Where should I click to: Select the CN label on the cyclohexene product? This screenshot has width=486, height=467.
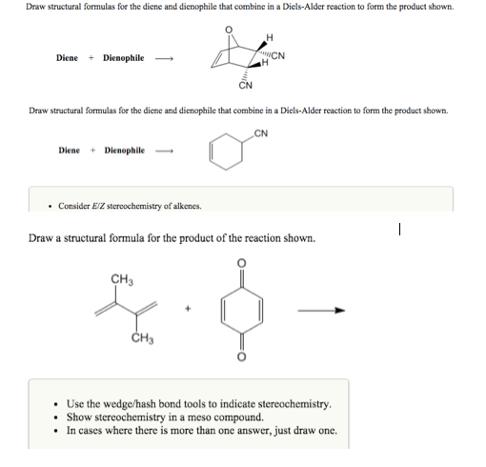[260, 133]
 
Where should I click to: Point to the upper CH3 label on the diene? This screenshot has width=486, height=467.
[121, 278]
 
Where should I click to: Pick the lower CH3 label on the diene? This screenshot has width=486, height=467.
[144, 338]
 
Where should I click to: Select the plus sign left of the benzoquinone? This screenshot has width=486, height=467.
[190, 310]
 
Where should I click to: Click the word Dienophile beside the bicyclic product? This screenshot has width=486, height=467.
[124, 58]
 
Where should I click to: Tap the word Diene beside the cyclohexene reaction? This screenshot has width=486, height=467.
[69, 150]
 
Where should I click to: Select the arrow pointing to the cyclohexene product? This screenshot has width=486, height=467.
[167, 150]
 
